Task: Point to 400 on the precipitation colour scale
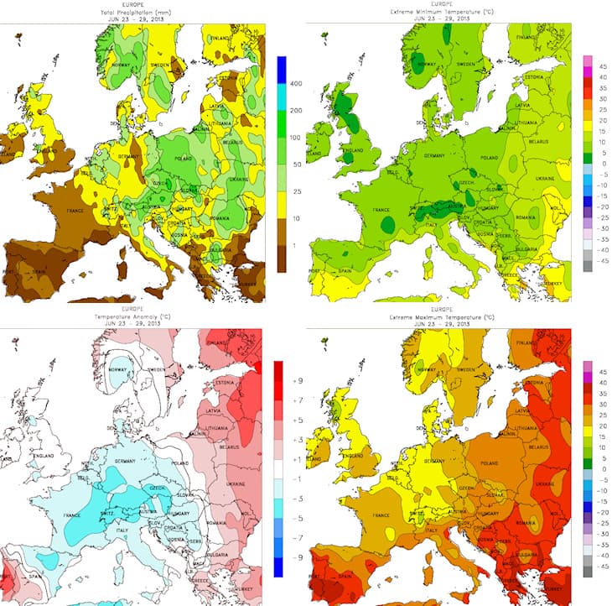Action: point(296,86)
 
